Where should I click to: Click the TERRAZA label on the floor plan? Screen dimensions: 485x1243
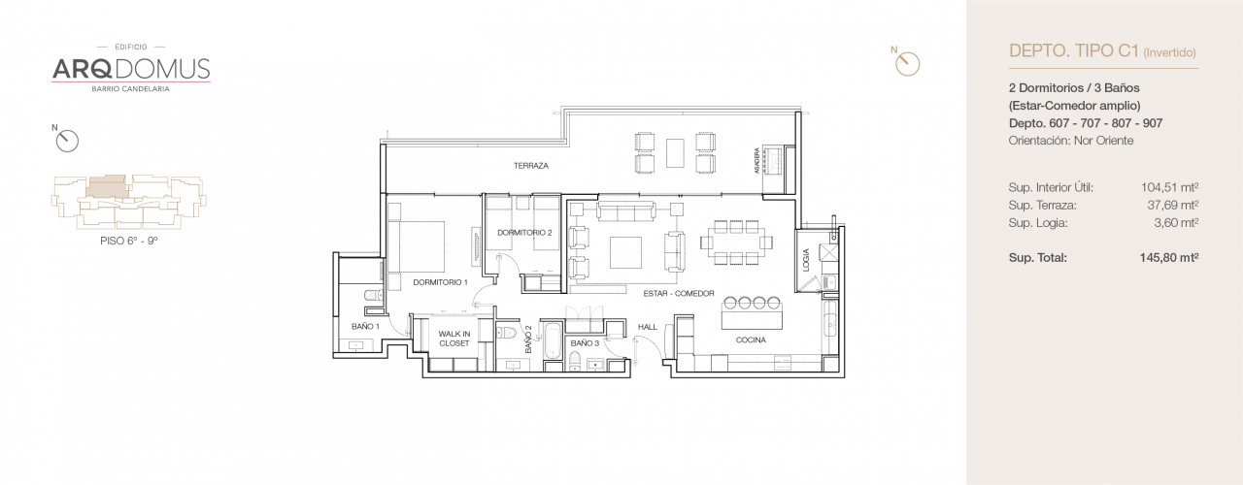click(x=531, y=166)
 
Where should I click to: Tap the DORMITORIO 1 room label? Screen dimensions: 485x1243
click(x=440, y=282)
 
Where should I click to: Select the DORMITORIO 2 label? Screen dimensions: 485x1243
click(x=524, y=233)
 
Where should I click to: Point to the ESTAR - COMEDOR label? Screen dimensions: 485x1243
click(x=678, y=293)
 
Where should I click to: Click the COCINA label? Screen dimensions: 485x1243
click(x=751, y=340)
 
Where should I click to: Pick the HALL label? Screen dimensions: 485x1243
click(x=648, y=327)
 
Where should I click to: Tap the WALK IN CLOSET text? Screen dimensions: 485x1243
click(x=454, y=339)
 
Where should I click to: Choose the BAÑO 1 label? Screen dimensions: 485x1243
click(x=365, y=327)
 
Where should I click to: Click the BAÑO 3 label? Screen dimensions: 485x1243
click(x=584, y=343)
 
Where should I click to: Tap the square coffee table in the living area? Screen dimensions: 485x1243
click(x=624, y=251)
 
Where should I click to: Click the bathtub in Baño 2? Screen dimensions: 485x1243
click(x=552, y=344)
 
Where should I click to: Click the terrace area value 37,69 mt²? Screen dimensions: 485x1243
click(x=1174, y=206)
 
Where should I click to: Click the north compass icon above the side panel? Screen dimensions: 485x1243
click(x=907, y=63)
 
